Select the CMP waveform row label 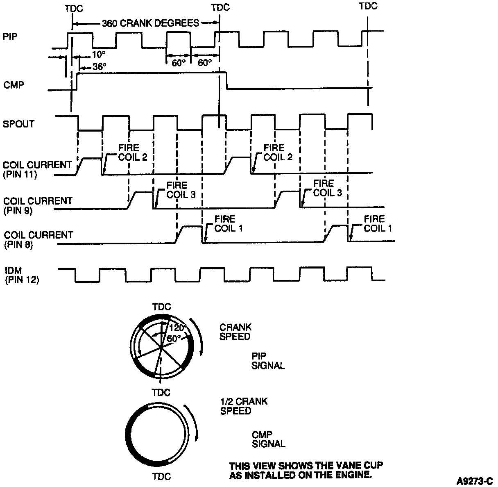(14, 85)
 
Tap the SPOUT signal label (19, 124)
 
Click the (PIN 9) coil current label (19, 210)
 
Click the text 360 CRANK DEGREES (150, 23)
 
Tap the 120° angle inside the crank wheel (178, 328)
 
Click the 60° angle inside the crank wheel (174, 339)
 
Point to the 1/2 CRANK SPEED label (244, 406)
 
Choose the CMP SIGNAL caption (268, 439)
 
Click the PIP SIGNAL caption (268, 361)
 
